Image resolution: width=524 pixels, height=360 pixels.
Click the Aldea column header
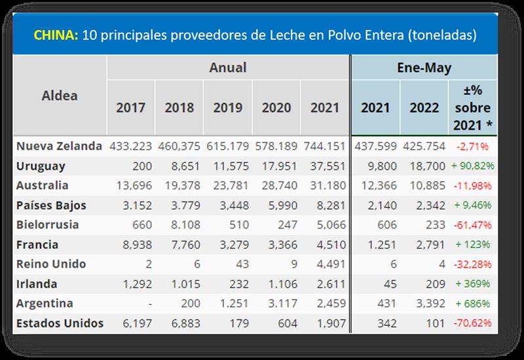point(60,96)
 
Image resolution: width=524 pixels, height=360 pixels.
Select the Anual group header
point(228,67)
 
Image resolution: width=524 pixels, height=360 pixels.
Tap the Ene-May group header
point(424,67)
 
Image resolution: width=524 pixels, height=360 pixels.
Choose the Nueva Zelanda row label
point(59,146)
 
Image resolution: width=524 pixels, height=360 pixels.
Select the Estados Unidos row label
point(60,323)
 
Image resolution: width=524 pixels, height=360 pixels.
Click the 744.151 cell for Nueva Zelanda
point(323,147)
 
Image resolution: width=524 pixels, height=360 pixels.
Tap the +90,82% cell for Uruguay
point(472,166)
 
